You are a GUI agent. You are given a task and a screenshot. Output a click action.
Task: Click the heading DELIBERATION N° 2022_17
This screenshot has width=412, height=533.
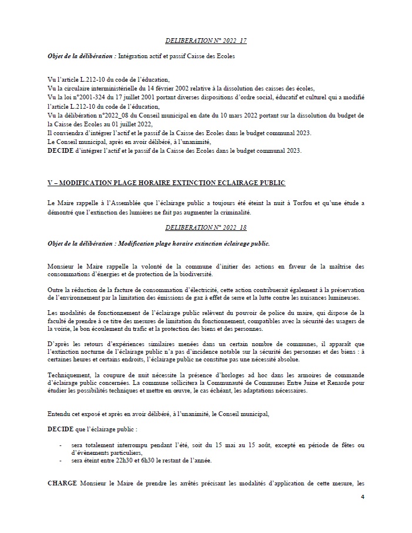(x=206, y=42)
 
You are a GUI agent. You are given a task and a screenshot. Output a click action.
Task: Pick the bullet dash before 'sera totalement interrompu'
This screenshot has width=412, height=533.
(x=61, y=445)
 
